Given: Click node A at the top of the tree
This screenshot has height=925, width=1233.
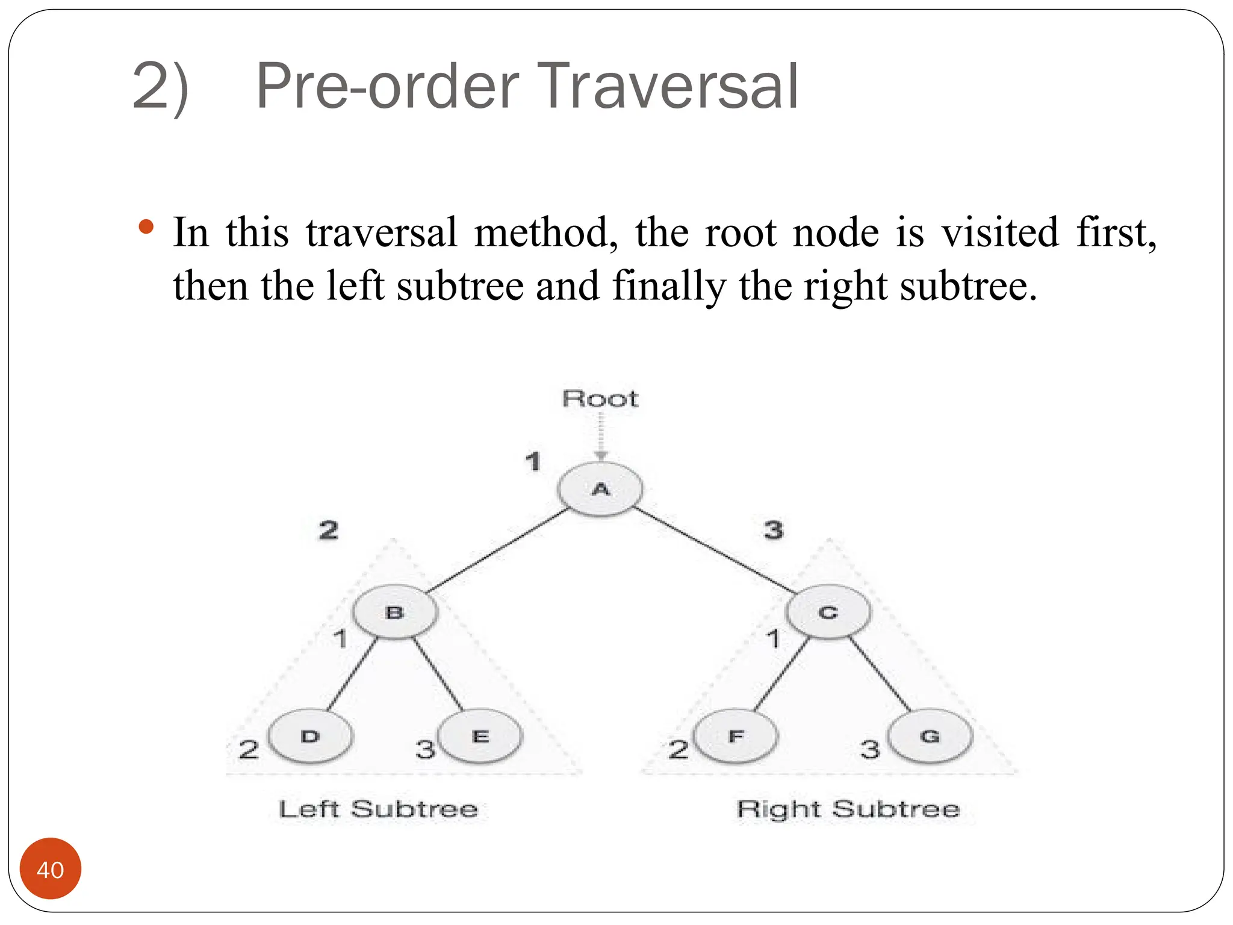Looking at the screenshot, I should (x=600, y=489).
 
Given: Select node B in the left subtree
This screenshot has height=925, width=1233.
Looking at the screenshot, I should (x=395, y=612).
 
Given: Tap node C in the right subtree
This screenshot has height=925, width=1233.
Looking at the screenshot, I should (x=828, y=612).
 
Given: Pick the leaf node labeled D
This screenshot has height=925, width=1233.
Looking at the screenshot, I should (x=310, y=736).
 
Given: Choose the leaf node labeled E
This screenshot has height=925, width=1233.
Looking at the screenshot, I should (x=480, y=736).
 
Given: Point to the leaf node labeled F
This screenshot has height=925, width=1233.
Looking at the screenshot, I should (x=736, y=736).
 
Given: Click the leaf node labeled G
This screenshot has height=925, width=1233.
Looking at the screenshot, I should (x=930, y=736).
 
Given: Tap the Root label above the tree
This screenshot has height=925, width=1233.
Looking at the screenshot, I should (x=600, y=399).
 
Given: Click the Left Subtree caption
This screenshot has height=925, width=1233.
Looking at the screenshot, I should (x=378, y=809).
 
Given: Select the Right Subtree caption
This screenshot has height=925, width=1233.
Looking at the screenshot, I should (x=848, y=809).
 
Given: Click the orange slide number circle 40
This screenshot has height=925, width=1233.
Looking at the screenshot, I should (x=51, y=869).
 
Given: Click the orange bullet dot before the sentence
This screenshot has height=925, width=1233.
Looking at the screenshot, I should (x=146, y=228).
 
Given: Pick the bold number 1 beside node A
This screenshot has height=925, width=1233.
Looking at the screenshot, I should (x=533, y=462).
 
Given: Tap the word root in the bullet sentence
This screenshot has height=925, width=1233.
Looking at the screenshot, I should (x=741, y=232).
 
